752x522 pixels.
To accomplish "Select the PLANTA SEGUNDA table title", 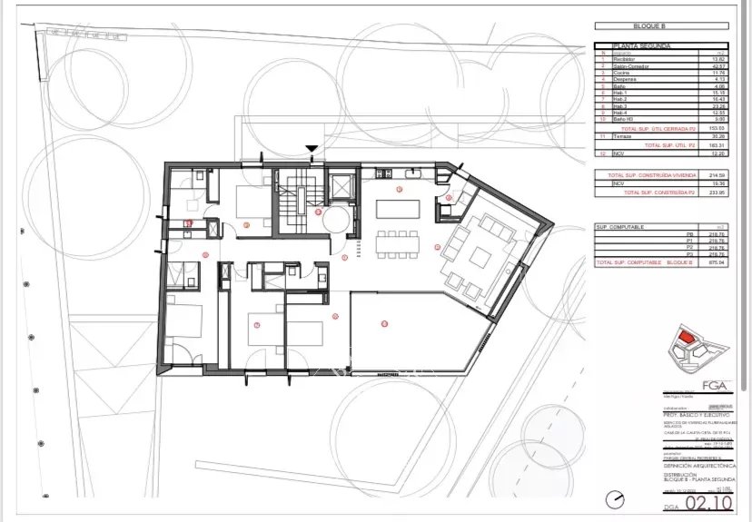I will click(x=643, y=44).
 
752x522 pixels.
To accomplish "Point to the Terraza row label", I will click(x=624, y=137).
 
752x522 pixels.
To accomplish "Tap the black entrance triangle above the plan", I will click(x=312, y=149).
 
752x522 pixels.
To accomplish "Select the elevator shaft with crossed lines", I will click(x=341, y=185).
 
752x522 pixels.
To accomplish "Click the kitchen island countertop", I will click(x=398, y=209).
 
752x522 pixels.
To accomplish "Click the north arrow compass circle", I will click(x=618, y=498).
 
